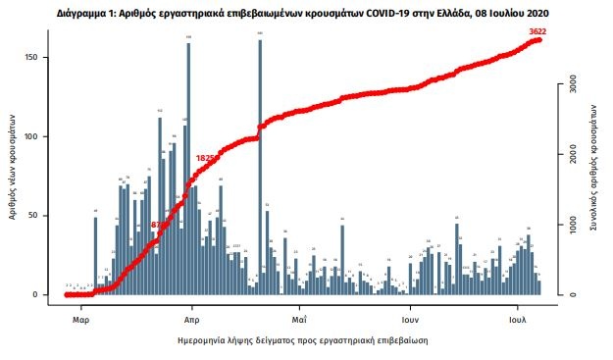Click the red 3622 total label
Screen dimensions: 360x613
(x=536, y=32)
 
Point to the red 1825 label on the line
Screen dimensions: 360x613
(x=207, y=157)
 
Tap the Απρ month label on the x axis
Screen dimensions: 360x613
(x=192, y=319)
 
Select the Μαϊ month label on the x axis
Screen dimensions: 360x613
(x=299, y=319)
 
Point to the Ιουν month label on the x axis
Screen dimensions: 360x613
(x=410, y=319)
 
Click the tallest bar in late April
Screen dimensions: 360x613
(x=260, y=167)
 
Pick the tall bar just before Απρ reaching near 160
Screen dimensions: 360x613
(x=187, y=167)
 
